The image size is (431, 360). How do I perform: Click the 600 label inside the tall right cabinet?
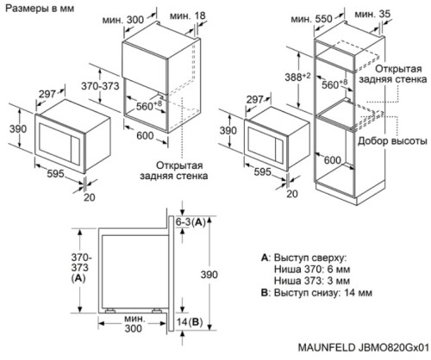(332, 160)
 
